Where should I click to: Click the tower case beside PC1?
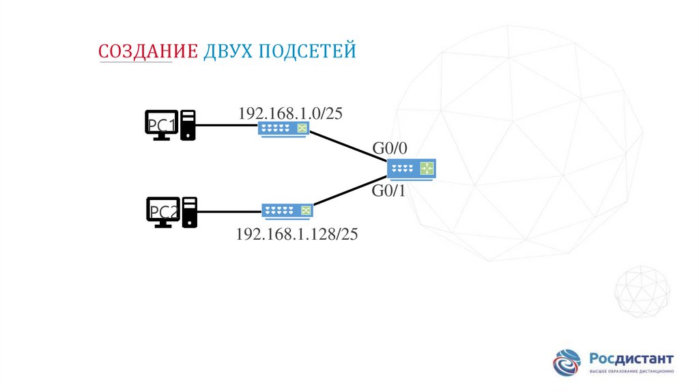pyautogui.click(x=188, y=125)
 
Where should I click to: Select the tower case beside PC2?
pyautogui.click(x=189, y=212)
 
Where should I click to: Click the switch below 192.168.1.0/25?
pyautogui.click(x=284, y=128)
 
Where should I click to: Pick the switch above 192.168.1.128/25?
pyautogui.click(x=287, y=210)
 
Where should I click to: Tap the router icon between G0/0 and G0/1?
pyautogui.click(x=411, y=169)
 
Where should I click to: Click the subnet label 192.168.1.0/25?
pyautogui.click(x=289, y=113)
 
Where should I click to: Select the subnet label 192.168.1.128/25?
pyautogui.click(x=297, y=234)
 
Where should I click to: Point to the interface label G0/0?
pyautogui.click(x=389, y=148)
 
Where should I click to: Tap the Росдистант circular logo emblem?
pyautogui.click(x=568, y=363)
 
